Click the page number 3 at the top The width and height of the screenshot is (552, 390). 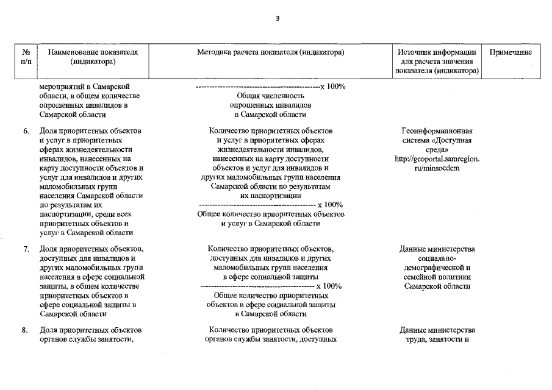pos(277,18)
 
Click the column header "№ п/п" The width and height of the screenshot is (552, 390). pos(26,57)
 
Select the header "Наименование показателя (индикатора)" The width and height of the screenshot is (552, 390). pos(93,57)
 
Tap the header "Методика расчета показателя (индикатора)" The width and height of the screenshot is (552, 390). pos(271,52)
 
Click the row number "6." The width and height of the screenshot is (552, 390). pos(26,131)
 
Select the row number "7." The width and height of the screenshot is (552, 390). pos(26,249)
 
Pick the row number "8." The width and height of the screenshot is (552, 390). pos(26,330)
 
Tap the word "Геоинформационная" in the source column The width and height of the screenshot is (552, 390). pos(437,131)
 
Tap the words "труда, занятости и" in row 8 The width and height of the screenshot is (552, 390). pos(437,339)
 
